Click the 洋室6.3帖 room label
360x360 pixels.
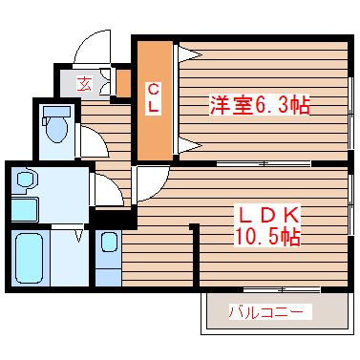click(259, 105)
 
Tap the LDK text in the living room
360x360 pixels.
click(268, 217)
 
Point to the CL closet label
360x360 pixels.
click(154, 97)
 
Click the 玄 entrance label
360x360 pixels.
click(84, 84)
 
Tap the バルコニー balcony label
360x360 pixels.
click(265, 312)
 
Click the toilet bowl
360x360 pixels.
click(57, 130)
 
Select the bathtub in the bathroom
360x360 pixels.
click(30, 259)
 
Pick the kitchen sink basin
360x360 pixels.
click(109, 243)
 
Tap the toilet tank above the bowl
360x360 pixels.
click(56, 112)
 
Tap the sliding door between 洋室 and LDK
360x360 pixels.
click(264, 164)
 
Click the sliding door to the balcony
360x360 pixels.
click(282, 289)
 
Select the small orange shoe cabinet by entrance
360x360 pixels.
click(123, 83)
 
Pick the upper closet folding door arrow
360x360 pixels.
click(190, 54)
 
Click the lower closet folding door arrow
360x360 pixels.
click(190, 146)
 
